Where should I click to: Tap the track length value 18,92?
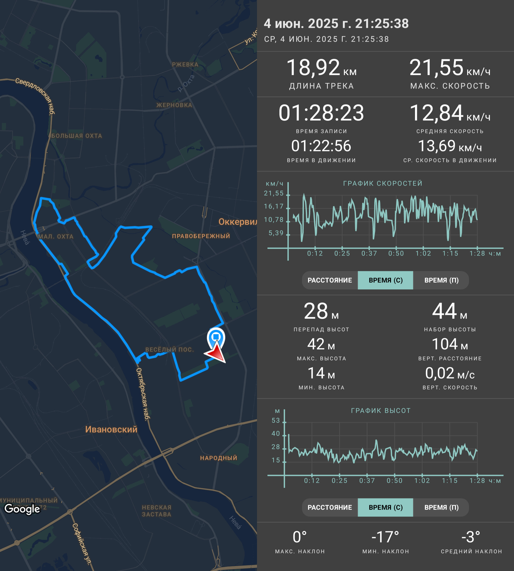click(x=313, y=68)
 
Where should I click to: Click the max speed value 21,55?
click(x=436, y=68)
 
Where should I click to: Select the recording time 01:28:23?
click(x=321, y=113)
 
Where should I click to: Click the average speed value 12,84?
click(x=436, y=113)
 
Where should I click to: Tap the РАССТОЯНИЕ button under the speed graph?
click(x=330, y=280)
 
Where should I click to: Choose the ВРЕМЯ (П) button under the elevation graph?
click(x=441, y=507)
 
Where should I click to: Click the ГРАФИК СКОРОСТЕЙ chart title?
click(x=383, y=184)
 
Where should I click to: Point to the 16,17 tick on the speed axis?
click(x=273, y=207)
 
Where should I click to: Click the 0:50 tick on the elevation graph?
click(x=395, y=481)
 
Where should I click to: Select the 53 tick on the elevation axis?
click(x=276, y=420)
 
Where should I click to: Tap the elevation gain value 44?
click(x=444, y=311)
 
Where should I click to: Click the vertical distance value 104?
click(x=445, y=344)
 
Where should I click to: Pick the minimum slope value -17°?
click(x=385, y=537)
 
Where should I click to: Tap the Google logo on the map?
click(x=22, y=509)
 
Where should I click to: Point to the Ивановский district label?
click(x=111, y=429)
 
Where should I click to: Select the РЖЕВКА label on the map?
click(x=185, y=65)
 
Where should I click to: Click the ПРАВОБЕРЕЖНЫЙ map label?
click(x=201, y=236)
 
